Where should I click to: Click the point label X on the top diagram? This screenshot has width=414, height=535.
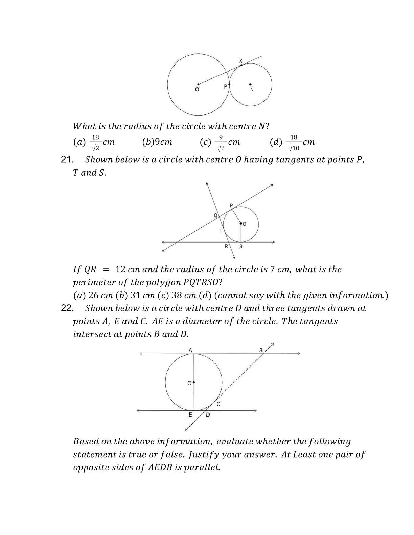[x=241, y=61]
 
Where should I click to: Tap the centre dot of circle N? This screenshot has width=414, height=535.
[x=250, y=84]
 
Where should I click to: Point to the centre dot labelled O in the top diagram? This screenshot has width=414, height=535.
[x=198, y=84]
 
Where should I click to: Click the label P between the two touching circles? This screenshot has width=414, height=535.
[x=226, y=87]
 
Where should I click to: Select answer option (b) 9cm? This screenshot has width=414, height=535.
[x=157, y=142]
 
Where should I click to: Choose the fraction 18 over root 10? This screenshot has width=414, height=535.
[x=294, y=143]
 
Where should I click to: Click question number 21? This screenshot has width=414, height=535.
[x=67, y=160]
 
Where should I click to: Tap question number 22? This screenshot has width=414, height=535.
[x=67, y=308]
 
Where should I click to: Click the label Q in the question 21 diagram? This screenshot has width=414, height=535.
[x=215, y=215]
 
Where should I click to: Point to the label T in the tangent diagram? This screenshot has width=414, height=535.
[x=221, y=231]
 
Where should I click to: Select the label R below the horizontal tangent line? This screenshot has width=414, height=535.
[x=226, y=247]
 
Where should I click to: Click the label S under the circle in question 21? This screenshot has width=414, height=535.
[x=241, y=247]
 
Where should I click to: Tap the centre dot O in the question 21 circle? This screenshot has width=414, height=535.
[x=241, y=223]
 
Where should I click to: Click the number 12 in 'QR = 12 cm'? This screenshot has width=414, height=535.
[x=120, y=270]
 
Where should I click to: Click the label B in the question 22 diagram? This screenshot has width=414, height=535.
[x=261, y=350]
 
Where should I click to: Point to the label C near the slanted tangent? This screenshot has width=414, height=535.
[x=218, y=404]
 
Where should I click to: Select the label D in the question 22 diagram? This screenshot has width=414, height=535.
[x=208, y=415]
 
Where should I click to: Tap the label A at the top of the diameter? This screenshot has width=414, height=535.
[x=190, y=350]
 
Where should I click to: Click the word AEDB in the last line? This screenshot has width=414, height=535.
[x=160, y=468]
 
